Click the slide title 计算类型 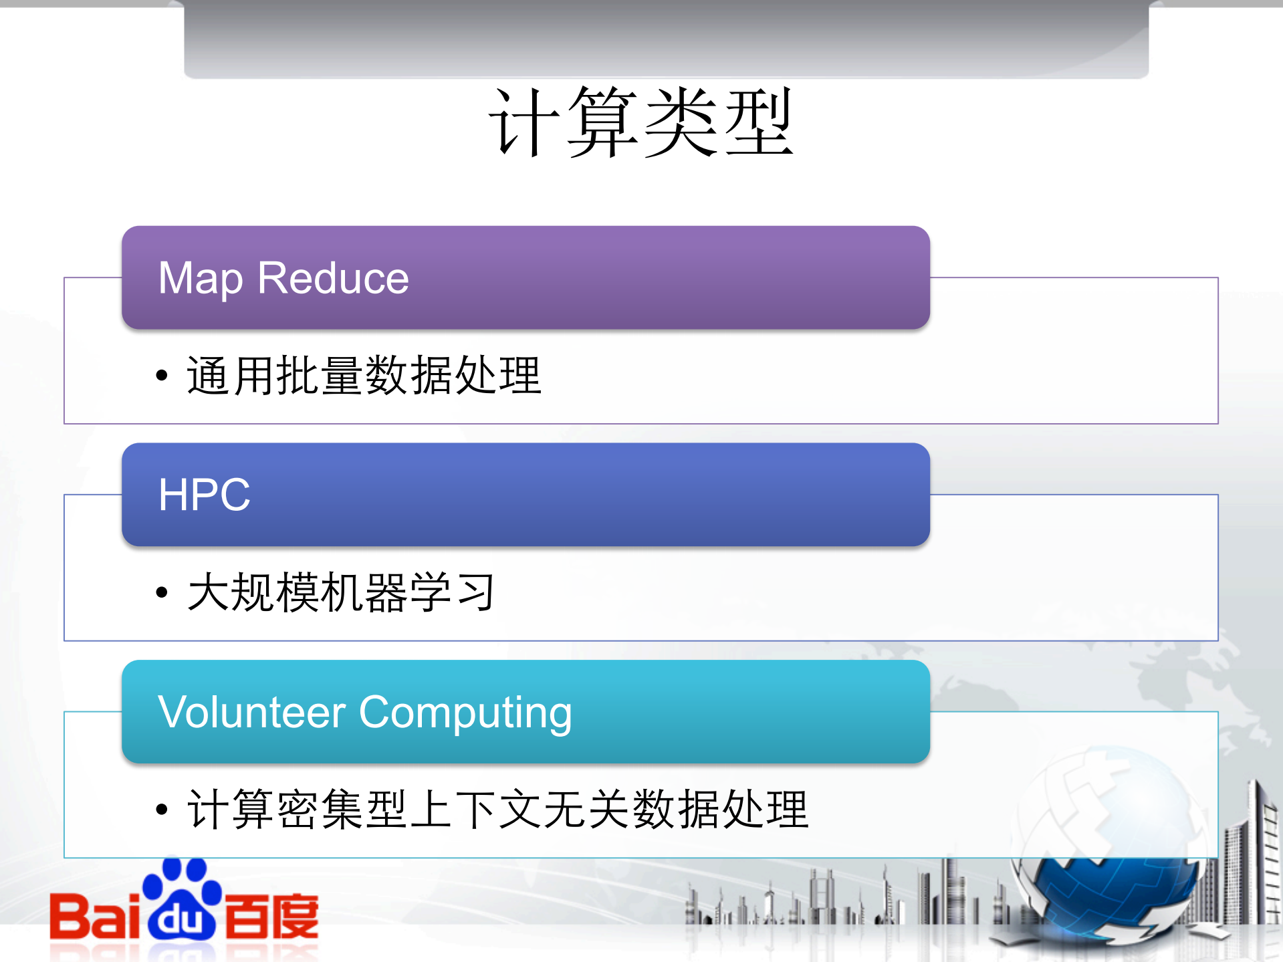tap(640, 122)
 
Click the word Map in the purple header tap(200, 278)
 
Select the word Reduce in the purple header tap(333, 278)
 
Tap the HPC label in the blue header tap(204, 495)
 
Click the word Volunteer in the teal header tap(252, 712)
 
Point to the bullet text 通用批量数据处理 tap(364, 375)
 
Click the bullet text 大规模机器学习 tap(341, 592)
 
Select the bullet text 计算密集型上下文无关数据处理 tap(497, 810)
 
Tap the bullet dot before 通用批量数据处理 tap(161, 376)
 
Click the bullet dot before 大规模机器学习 tap(161, 592)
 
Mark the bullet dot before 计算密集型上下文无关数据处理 tap(161, 810)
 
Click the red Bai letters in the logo tap(94, 916)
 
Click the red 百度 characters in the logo tap(271, 916)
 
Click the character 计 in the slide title tap(526, 122)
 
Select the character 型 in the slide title tap(758, 122)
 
